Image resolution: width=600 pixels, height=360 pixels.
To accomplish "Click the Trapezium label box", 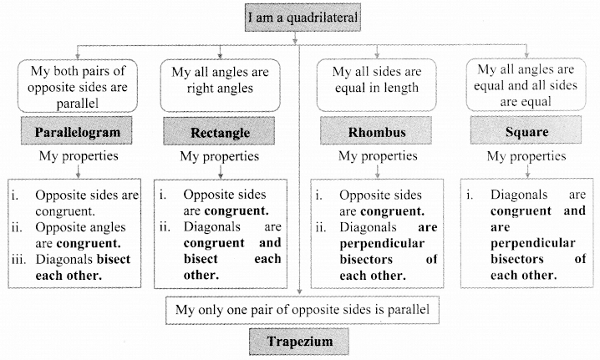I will click(x=300, y=341).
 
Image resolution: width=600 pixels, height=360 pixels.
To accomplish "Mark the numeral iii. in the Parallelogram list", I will click(x=18, y=259).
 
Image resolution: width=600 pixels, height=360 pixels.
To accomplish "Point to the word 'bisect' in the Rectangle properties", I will click(x=181, y=259).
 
